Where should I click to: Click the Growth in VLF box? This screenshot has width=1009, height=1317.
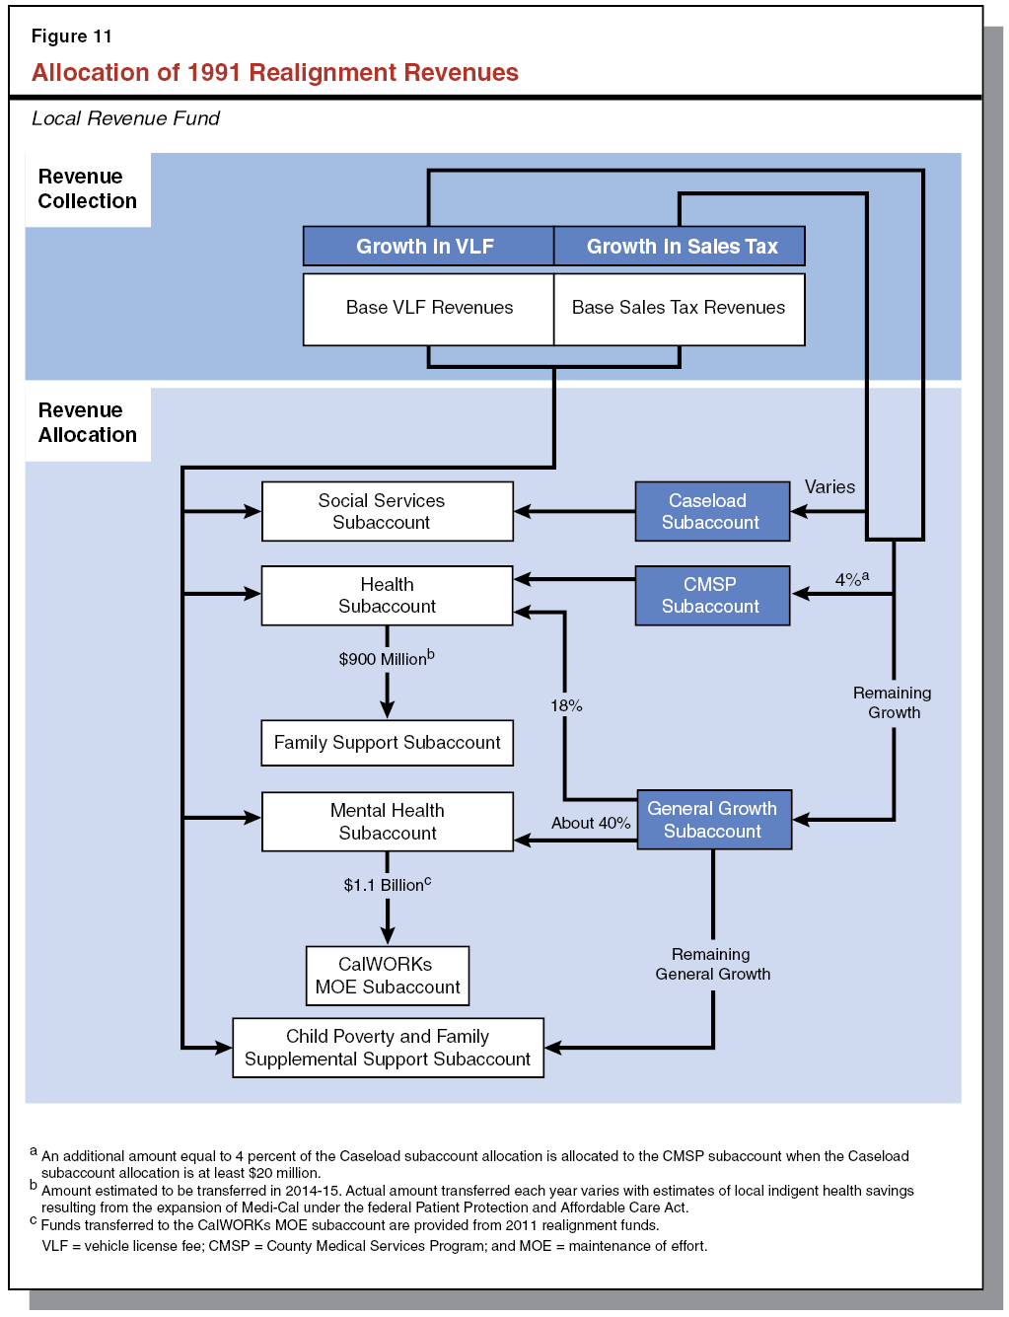click(x=428, y=247)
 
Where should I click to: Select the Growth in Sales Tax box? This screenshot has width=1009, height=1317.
click(x=680, y=247)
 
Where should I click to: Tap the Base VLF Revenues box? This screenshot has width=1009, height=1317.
click(x=428, y=309)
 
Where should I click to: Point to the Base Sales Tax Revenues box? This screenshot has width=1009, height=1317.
click(x=680, y=309)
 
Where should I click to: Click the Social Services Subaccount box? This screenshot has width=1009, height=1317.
click(x=387, y=511)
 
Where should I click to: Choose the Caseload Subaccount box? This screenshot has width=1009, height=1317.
click(x=712, y=511)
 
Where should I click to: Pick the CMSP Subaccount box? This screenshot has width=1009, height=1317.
click(x=712, y=595)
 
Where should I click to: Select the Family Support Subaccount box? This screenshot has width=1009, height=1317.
click(x=387, y=743)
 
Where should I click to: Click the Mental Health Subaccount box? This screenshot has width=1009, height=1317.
click(x=387, y=821)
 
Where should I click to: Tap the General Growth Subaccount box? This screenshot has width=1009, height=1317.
click(x=714, y=819)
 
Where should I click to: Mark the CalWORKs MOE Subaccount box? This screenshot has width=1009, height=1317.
click(x=387, y=976)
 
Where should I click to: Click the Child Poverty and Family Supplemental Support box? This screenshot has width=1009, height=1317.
click(x=388, y=1048)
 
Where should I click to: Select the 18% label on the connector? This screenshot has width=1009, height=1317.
click(x=566, y=705)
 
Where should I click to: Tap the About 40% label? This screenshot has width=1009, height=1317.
click(x=590, y=823)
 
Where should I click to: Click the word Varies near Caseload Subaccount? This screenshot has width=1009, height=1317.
click(x=829, y=487)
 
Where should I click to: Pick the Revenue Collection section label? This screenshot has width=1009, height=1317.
click(x=87, y=188)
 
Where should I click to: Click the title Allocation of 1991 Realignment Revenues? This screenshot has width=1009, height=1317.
click(x=274, y=73)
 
